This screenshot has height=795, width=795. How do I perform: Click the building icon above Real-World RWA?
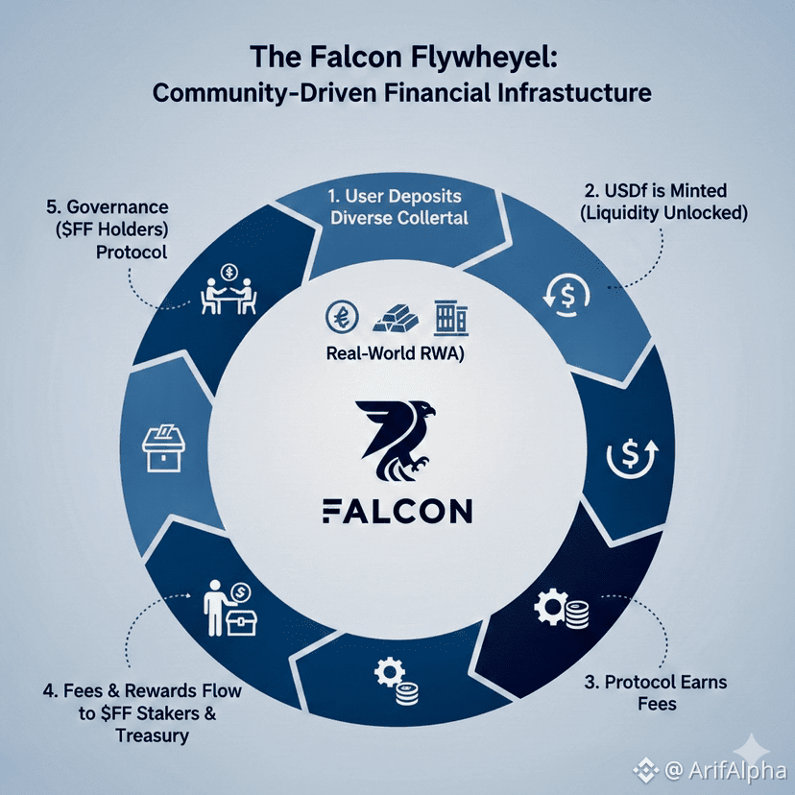click(447, 317)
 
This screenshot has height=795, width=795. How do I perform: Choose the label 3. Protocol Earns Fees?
click(656, 693)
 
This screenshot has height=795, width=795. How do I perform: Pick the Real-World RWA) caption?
click(397, 352)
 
